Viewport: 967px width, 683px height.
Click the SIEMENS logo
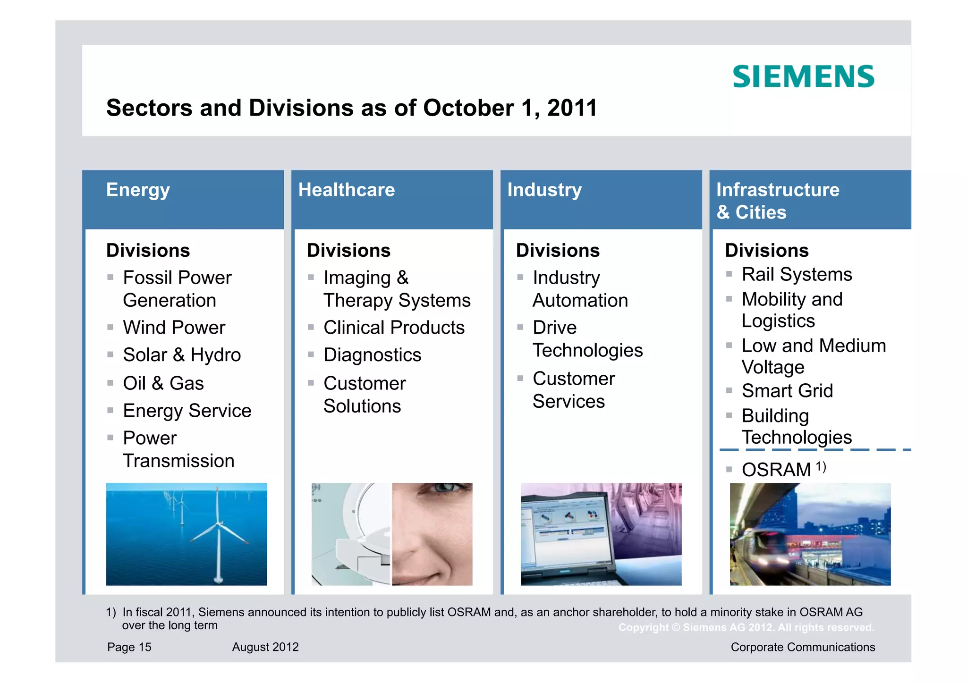click(x=803, y=77)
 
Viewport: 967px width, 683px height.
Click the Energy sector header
click(x=138, y=190)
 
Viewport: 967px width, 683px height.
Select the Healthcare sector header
click(x=347, y=190)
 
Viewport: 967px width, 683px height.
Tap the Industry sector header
click(x=544, y=190)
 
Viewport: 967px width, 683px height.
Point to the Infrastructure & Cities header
click(x=778, y=201)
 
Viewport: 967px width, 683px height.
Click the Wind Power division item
click(x=174, y=328)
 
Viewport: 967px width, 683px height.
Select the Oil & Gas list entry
click(x=163, y=383)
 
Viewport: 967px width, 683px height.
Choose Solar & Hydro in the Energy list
click(x=182, y=355)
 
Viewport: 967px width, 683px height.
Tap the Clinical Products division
click(x=394, y=328)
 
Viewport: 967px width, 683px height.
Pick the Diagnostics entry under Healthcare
click(x=372, y=355)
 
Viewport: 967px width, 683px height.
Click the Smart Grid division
click(x=787, y=391)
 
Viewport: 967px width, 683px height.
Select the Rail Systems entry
click(x=797, y=274)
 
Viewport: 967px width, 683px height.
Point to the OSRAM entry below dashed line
click(x=777, y=470)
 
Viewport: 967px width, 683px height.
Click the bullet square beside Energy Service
click(x=110, y=411)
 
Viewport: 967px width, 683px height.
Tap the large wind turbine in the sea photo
click(x=218, y=529)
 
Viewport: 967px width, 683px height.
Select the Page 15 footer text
click(x=129, y=647)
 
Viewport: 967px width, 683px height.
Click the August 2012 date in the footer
click(x=265, y=647)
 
